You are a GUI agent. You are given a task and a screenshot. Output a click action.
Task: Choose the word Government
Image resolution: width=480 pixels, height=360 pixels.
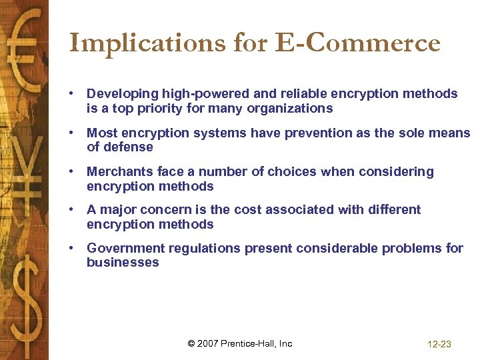point(125,249)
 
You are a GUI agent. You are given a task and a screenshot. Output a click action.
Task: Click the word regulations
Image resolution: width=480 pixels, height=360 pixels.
point(204,249)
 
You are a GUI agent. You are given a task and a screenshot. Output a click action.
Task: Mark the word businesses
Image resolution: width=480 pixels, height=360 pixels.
point(123,262)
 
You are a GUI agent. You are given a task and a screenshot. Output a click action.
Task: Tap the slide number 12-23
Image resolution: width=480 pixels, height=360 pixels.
point(439,345)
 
